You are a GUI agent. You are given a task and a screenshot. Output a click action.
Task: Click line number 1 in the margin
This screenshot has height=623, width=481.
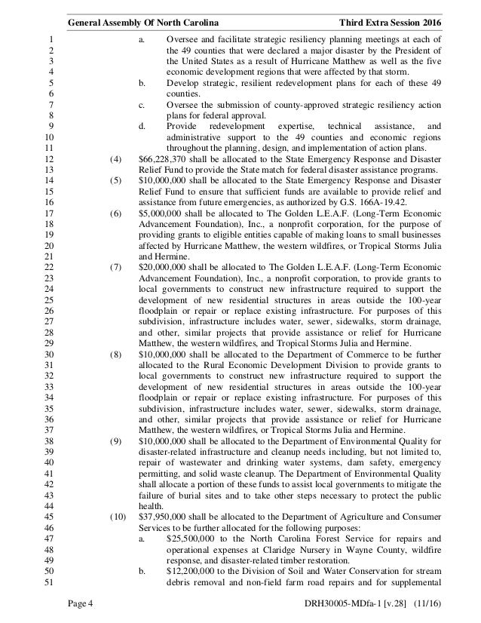tap(48, 38)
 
